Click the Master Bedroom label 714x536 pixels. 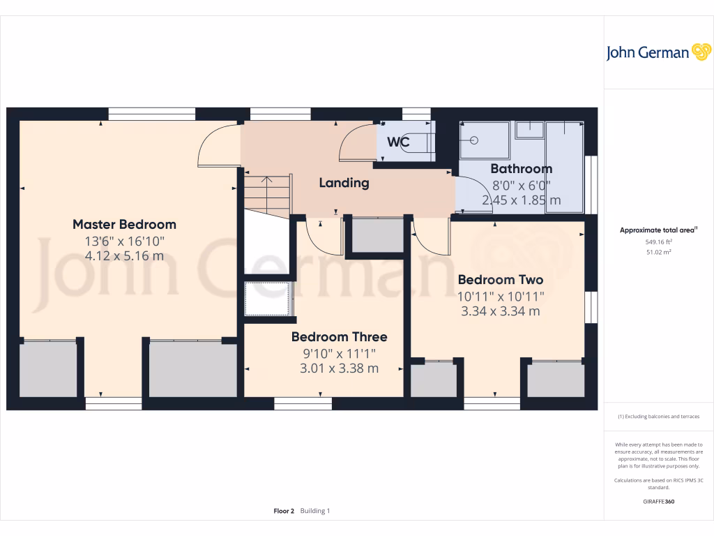point(124,224)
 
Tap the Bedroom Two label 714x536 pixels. point(500,280)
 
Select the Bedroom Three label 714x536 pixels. point(339,336)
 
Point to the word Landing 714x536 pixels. point(344,183)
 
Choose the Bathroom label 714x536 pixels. point(521,168)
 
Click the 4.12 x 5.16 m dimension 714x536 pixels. point(124,256)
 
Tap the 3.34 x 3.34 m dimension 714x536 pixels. point(500,311)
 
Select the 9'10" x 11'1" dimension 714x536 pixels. point(339,352)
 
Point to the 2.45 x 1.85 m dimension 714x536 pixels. point(521,200)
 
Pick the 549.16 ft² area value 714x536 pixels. point(658,242)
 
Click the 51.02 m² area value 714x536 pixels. point(658,252)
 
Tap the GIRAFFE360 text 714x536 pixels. point(658,502)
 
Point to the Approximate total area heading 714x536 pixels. point(658,230)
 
